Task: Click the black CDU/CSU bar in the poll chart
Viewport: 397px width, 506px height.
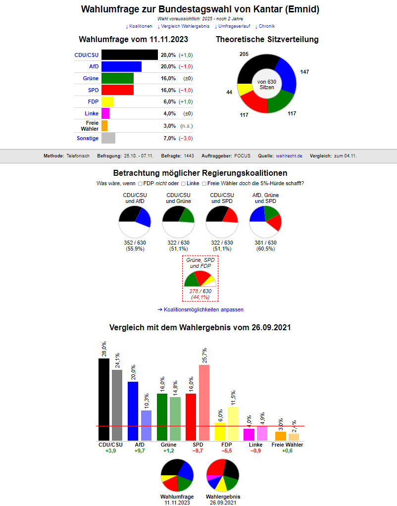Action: coord(129,55)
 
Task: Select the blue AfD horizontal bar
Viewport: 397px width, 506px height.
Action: coord(121,67)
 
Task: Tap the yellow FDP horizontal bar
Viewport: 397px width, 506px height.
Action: coord(107,102)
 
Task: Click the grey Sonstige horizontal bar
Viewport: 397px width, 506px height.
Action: coord(108,138)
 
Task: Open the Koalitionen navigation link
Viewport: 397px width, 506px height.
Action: coord(139,26)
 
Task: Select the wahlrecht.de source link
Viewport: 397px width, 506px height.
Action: coord(289,156)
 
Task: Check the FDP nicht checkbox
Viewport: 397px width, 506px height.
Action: coord(140,184)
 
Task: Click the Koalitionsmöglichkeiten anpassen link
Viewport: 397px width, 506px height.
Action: coord(200,309)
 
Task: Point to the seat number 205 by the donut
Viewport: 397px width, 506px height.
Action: coord(244,54)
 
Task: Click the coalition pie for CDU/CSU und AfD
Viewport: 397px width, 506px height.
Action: coord(135,222)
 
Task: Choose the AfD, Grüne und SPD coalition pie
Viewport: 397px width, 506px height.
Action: coord(265,222)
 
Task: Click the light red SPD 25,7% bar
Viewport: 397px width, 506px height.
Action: coord(204,402)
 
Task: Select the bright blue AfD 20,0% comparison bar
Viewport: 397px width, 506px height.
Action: coord(133,410)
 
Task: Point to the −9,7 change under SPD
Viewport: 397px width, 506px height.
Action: coord(198,451)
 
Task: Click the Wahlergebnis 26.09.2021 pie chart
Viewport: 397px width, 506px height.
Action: coord(223,476)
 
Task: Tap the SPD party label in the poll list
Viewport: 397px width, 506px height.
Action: coord(93,90)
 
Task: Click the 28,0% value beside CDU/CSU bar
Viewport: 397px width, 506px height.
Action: coord(168,55)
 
